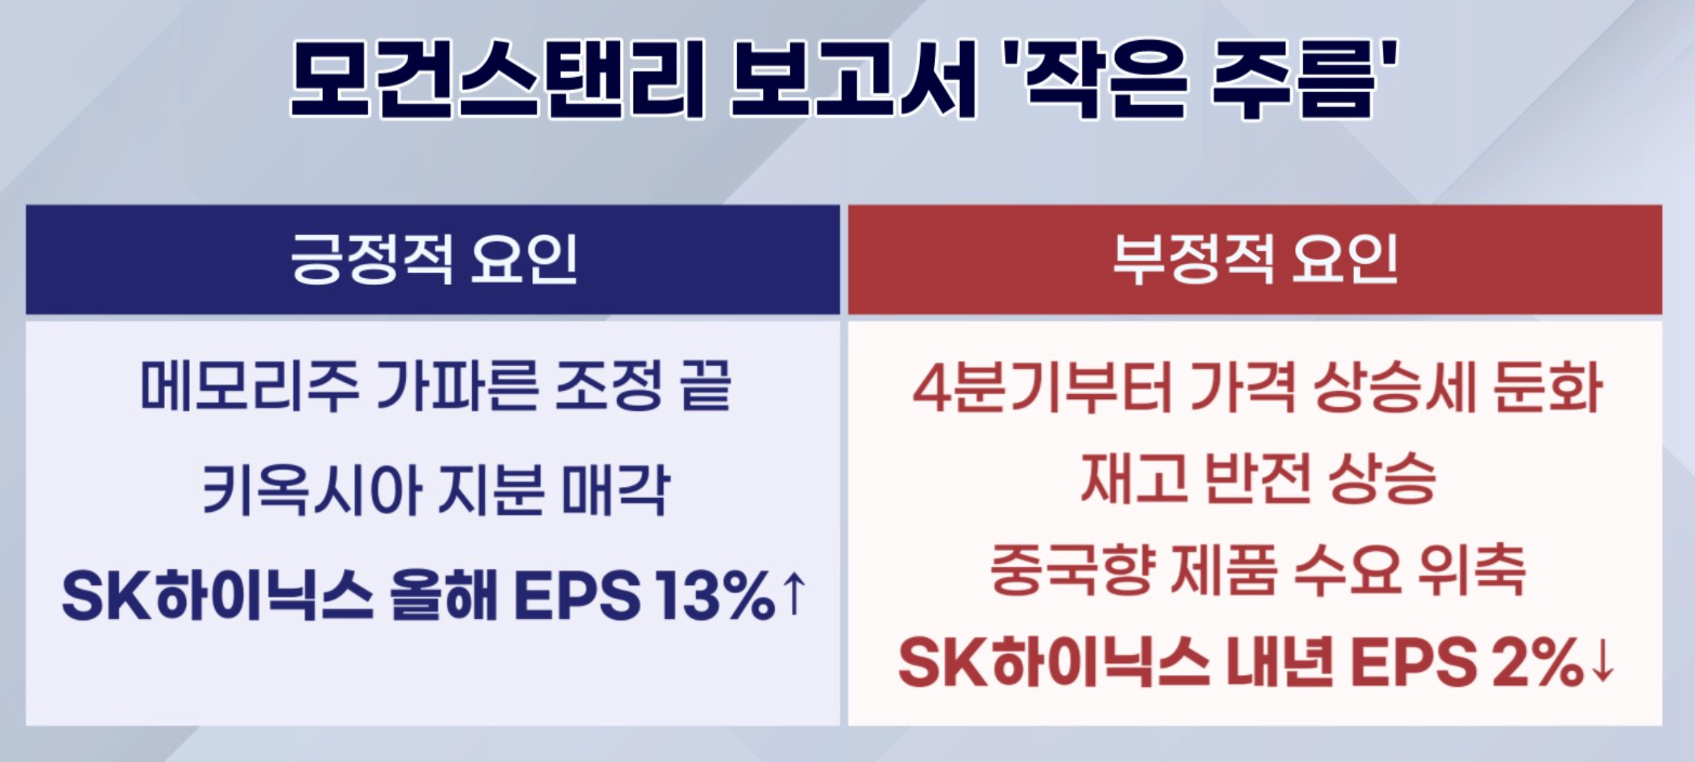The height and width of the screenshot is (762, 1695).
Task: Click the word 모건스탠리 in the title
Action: (497, 79)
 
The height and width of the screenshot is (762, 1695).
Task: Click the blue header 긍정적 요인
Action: (433, 259)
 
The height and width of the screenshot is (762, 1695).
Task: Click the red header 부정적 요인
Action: (1255, 259)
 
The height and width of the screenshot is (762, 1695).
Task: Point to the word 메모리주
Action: (249, 386)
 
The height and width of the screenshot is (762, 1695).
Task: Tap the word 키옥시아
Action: (311, 490)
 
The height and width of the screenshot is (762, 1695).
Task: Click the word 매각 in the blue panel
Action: (615, 490)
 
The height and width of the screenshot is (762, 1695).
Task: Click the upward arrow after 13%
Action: (793, 594)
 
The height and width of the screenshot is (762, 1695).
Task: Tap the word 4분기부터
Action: (1043, 387)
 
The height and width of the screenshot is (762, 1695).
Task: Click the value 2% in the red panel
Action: (1538, 662)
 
